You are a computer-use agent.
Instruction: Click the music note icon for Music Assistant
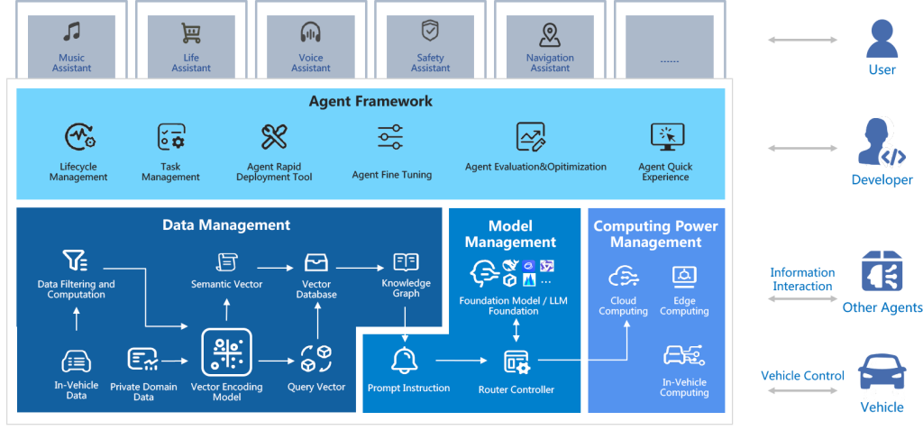click(x=71, y=33)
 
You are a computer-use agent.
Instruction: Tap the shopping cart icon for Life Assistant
click(x=191, y=33)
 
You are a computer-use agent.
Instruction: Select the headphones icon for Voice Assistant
click(x=311, y=33)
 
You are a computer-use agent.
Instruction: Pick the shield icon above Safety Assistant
click(x=431, y=32)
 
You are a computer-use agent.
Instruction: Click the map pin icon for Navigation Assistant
click(x=550, y=34)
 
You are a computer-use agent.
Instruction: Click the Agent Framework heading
click(x=370, y=101)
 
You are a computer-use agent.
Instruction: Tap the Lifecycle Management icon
click(x=78, y=137)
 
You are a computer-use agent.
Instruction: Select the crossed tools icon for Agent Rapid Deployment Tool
click(x=274, y=137)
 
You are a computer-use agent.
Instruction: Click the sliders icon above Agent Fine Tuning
click(x=390, y=137)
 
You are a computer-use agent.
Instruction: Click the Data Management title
click(x=226, y=225)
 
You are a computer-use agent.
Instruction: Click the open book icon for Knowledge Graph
click(x=406, y=262)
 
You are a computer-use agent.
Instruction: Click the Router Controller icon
click(x=517, y=362)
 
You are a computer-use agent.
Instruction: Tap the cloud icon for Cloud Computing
click(x=623, y=276)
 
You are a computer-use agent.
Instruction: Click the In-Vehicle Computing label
click(x=684, y=388)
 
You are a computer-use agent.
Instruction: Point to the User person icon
click(x=882, y=39)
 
